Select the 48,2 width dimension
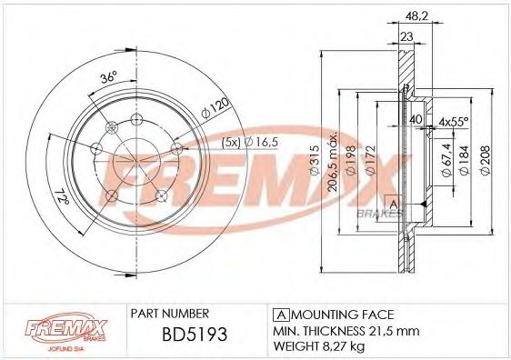(414, 16)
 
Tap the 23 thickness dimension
(406, 37)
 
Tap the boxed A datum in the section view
(394, 202)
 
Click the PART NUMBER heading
(171, 312)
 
